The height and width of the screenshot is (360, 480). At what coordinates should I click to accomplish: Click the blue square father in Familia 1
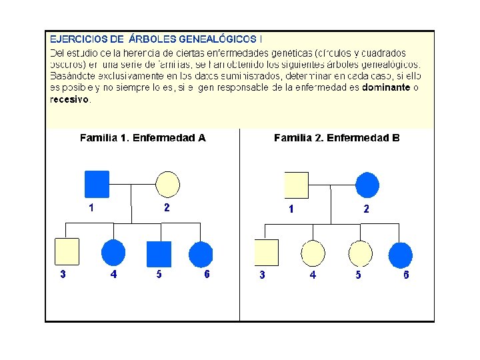click(x=97, y=185)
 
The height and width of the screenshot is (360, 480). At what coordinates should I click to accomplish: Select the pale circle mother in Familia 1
click(x=167, y=185)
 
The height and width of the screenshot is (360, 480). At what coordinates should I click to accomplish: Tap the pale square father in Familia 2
click(x=296, y=185)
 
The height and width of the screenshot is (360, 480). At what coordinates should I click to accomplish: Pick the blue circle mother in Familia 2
click(x=367, y=185)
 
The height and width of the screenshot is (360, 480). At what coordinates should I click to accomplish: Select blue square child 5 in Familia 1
click(x=159, y=253)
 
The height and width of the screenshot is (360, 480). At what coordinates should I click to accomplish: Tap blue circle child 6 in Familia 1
click(x=201, y=253)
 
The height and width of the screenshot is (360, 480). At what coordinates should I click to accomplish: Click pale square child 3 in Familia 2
click(x=266, y=253)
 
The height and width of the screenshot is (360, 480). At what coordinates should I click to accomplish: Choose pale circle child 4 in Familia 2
click(x=313, y=253)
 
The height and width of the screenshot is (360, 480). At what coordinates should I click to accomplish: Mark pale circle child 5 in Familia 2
click(x=360, y=253)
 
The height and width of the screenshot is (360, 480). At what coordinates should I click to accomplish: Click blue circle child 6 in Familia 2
click(x=401, y=254)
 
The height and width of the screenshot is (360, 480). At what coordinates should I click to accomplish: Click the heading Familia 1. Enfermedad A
click(x=143, y=138)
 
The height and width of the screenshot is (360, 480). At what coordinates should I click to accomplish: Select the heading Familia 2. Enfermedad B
click(x=337, y=138)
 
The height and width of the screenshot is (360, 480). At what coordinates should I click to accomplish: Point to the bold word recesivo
click(x=69, y=99)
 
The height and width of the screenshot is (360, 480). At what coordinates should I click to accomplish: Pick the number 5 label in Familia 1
click(x=159, y=275)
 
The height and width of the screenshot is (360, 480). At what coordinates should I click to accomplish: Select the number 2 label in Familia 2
click(x=366, y=209)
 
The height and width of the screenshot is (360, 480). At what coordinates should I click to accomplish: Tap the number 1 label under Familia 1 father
click(x=91, y=207)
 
